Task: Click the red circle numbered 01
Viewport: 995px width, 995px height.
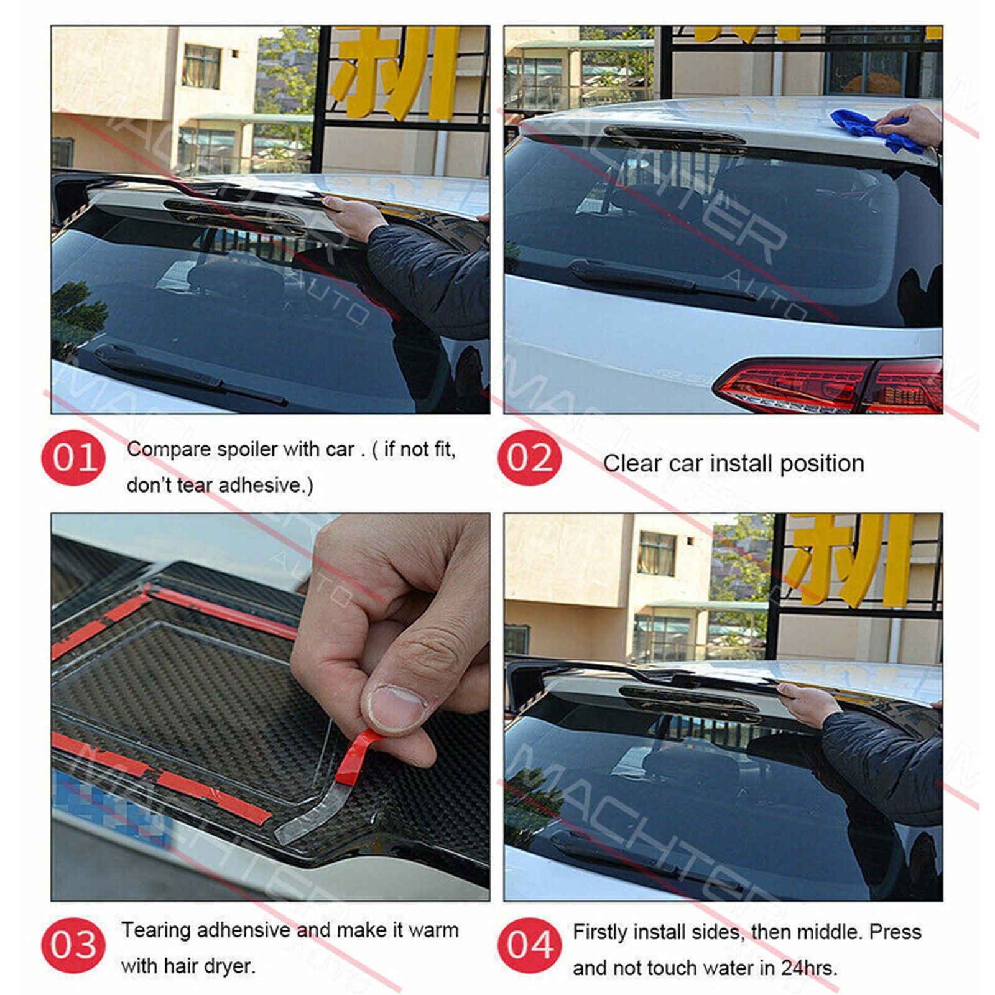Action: pyautogui.click(x=73, y=458)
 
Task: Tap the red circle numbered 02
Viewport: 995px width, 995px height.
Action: pyautogui.click(x=529, y=458)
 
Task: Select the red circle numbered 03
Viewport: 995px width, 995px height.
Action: pyautogui.click(x=73, y=945)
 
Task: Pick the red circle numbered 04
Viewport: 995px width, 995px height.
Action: pyautogui.click(x=529, y=945)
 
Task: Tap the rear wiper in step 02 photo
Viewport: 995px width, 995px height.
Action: pyautogui.click(x=662, y=279)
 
